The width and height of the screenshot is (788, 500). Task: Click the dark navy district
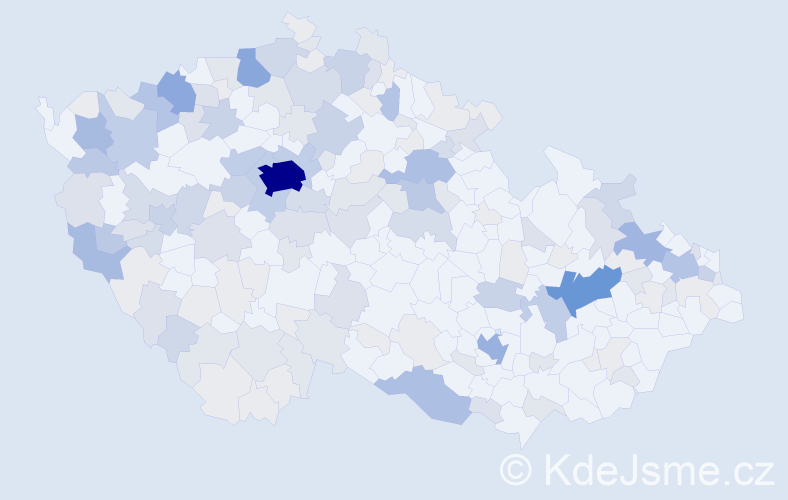pyautogui.click(x=281, y=177)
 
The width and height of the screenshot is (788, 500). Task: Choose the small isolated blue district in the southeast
pyautogui.click(x=492, y=348)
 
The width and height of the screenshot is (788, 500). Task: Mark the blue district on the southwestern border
pyautogui.click(x=98, y=250)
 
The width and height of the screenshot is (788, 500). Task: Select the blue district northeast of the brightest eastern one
pyautogui.click(x=642, y=242)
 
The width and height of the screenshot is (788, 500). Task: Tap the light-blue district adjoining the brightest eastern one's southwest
pyautogui.click(x=551, y=313)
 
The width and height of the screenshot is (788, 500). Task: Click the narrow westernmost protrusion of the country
pyautogui.click(x=43, y=106)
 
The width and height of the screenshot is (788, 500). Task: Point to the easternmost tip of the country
pyautogui.click(x=739, y=310)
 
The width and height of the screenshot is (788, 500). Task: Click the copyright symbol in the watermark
pyautogui.click(x=516, y=468)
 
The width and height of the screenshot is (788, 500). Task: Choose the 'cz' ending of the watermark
pyautogui.click(x=752, y=471)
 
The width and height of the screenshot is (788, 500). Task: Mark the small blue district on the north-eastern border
pyautogui.click(x=391, y=100)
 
